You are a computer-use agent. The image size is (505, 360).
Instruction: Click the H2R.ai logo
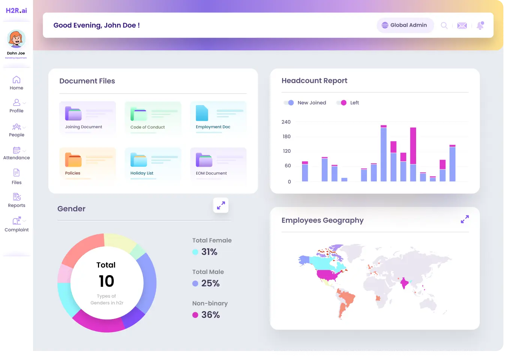click(x=16, y=11)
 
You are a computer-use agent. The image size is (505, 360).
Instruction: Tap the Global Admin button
click(x=405, y=25)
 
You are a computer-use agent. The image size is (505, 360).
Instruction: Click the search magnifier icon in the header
click(x=444, y=26)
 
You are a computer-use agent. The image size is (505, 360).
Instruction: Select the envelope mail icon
click(x=462, y=26)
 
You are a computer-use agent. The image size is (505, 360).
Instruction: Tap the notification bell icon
click(x=480, y=26)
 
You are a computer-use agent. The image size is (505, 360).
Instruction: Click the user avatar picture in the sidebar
click(x=16, y=39)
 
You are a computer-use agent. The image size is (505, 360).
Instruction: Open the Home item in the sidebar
click(x=17, y=83)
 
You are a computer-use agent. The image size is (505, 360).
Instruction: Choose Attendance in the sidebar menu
click(x=17, y=153)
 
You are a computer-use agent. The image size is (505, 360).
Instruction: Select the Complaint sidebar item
click(x=17, y=224)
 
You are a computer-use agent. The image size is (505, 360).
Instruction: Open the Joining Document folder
click(x=87, y=117)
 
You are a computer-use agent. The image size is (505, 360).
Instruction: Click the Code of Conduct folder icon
click(x=138, y=114)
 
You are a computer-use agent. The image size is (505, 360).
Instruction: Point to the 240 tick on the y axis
click(x=286, y=122)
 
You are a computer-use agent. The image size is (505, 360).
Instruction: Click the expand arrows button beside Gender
click(x=221, y=205)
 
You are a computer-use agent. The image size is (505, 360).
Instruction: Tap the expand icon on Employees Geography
click(x=465, y=219)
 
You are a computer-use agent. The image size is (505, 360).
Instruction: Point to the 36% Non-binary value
click(x=210, y=315)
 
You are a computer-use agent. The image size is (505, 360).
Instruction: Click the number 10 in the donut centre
click(x=107, y=282)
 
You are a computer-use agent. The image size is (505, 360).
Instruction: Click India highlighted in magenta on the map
click(x=404, y=283)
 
